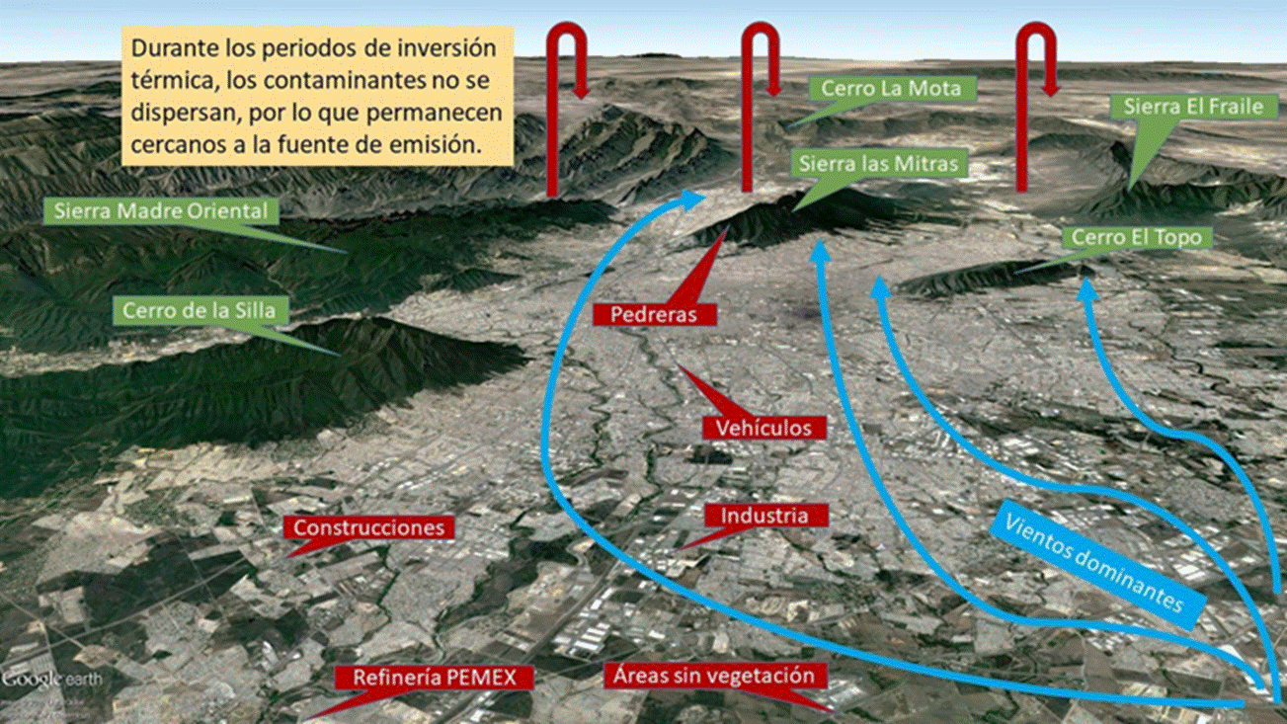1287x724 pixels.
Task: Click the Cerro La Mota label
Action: (890, 89)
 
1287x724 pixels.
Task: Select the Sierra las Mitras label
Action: (879, 163)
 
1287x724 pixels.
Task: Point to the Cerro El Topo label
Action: (1136, 238)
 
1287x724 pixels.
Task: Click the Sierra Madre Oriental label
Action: (161, 210)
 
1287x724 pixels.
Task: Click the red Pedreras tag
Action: (654, 314)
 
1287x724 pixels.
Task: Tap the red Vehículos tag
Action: (764, 427)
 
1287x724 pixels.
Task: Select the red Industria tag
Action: (764, 516)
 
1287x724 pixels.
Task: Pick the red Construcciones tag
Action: (368, 527)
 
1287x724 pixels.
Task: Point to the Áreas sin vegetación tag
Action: (714, 676)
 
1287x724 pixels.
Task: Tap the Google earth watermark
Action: (45, 680)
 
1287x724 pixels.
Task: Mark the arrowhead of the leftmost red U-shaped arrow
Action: (581, 89)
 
